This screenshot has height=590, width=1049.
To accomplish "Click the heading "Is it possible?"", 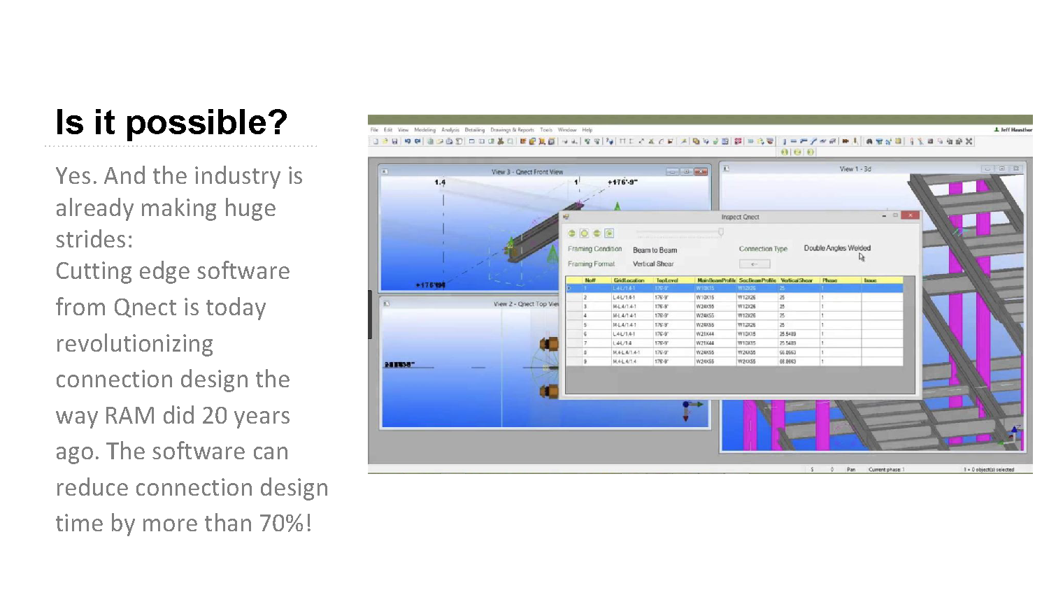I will (x=171, y=122).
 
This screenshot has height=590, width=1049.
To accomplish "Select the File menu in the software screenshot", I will (x=374, y=130).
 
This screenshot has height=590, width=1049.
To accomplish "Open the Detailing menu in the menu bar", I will (x=474, y=130).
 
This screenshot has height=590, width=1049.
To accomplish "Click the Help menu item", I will (x=587, y=130).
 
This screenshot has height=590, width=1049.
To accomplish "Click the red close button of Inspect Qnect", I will (x=910, y=215).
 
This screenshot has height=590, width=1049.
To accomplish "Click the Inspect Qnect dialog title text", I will (x=740, y=217).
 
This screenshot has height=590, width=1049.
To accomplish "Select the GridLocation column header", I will (x=629, y=280).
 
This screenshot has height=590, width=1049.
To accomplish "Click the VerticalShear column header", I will (x=797, y=280).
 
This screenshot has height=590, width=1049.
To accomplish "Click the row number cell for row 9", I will (x=585, y=361).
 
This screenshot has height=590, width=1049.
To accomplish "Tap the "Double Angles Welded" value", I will (x=836, y=248).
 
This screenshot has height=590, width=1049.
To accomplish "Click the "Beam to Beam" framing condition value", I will (x=655, y=250).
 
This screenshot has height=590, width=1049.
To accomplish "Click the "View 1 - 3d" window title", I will (x=855, y=169).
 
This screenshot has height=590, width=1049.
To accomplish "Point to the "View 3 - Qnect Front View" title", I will (x=527, y=172).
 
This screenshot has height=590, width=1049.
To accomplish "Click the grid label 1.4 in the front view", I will (x=440, y=182).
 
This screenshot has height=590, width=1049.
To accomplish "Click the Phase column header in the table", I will (x=829, y=280).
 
